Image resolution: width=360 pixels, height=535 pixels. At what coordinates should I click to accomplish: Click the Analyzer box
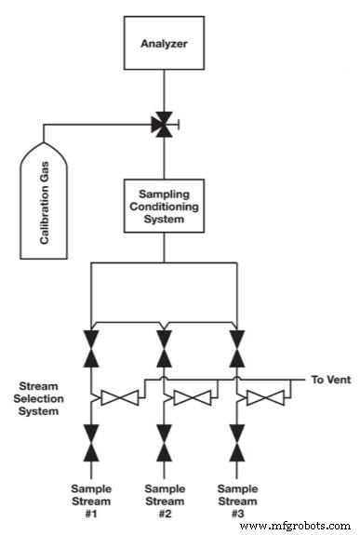(x=164, y=42)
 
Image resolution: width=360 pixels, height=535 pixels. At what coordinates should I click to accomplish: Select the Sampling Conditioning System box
(x=164, y=206)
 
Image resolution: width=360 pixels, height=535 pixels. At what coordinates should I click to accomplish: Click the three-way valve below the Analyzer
(x=165, y=122)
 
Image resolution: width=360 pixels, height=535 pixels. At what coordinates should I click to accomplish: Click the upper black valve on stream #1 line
(x=91, y=345)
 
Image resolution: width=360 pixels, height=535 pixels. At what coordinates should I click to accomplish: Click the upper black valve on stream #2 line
(x=164, y=345)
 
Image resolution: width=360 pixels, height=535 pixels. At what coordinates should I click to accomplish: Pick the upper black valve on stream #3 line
(x=236, y=345)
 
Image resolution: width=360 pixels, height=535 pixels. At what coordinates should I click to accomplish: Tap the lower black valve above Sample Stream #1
(x=91, y=443)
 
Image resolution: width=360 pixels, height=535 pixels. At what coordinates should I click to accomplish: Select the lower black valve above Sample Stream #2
(x=164, y=443)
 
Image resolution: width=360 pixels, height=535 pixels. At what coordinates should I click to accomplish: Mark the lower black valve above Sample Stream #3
(x=236, y=443)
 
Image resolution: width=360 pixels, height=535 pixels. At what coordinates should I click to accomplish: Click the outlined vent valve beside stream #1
(x=122, y=397)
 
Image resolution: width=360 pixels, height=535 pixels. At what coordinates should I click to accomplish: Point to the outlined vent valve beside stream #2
(x=194, y=397)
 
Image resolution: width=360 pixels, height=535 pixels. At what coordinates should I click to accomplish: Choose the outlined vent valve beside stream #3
(x=267, y=397)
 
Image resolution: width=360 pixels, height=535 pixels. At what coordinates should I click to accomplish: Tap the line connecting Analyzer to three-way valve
(x=165, y=91)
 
